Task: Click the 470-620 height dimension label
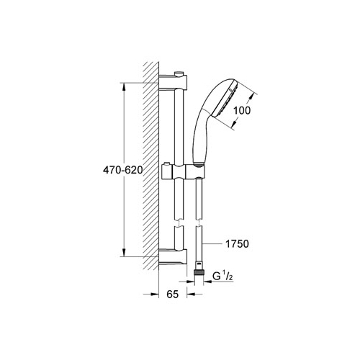click(x=123, y=170)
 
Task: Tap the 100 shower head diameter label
click(x=242, y=110)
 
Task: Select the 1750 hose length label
click(x=237, y=244)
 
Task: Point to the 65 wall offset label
click(x=173, y=294)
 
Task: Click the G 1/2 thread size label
click(x=223, y=276)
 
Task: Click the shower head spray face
click(x=225, y=100)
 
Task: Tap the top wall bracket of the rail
click(x=173, y=82)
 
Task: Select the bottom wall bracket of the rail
click(x=173, y=257)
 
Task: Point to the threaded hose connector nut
click(x=199, y=273)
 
